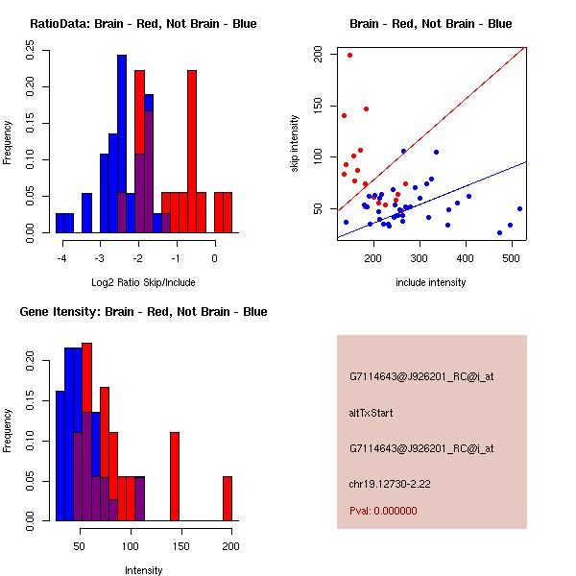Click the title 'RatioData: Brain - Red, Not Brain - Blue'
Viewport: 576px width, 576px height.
point(143,24)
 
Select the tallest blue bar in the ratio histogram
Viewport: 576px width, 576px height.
point(122,144)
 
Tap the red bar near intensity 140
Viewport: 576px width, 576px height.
point(175,476)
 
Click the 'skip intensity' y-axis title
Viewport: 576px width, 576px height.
point(296,144)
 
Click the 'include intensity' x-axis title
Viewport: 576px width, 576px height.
point(431,282)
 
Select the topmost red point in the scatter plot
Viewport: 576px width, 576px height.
point(349,55)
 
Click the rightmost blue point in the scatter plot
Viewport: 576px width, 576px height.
point(519,208)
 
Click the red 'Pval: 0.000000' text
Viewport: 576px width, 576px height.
point(381,512)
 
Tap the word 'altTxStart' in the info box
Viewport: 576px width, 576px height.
point(372,413)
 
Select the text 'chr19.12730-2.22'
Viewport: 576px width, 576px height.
point(389,483)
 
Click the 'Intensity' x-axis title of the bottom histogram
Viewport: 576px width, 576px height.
point(144,570)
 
